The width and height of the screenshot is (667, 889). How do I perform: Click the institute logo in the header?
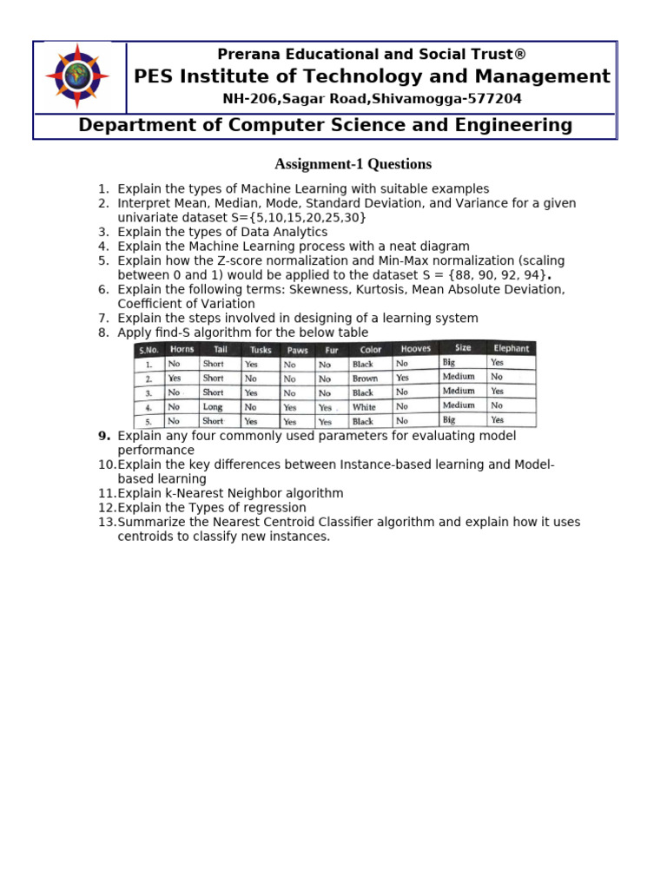pyautogui.click(x=77, y=77)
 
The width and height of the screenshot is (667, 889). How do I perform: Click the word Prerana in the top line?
pyautogui.click(x=247, y=55)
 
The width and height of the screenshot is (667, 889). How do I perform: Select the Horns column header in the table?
pyautogui.click(x=182, y=349)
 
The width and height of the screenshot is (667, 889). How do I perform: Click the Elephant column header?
pyautogui.click(x=511, y=348)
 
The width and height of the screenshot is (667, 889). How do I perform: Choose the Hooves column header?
pyautogui.click(x=415, y=349)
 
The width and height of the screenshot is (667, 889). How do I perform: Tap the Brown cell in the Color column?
pyautogui.click(x=365, y=379)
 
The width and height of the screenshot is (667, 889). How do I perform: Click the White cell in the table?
pyautogui.click(x=364, y=407)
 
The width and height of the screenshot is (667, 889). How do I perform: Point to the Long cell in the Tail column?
pyautogui.click(x=213, y=407)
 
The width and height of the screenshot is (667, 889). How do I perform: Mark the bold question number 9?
pyautogui.click(x=104, y=436)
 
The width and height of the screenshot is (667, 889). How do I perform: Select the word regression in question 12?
pyautogui.click(x=273, y=508)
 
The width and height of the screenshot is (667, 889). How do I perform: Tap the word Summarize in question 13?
pyautogui.click(x=151, y=522)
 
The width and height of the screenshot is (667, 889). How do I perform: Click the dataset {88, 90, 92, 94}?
pyautogui.click(x=499, y=275)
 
